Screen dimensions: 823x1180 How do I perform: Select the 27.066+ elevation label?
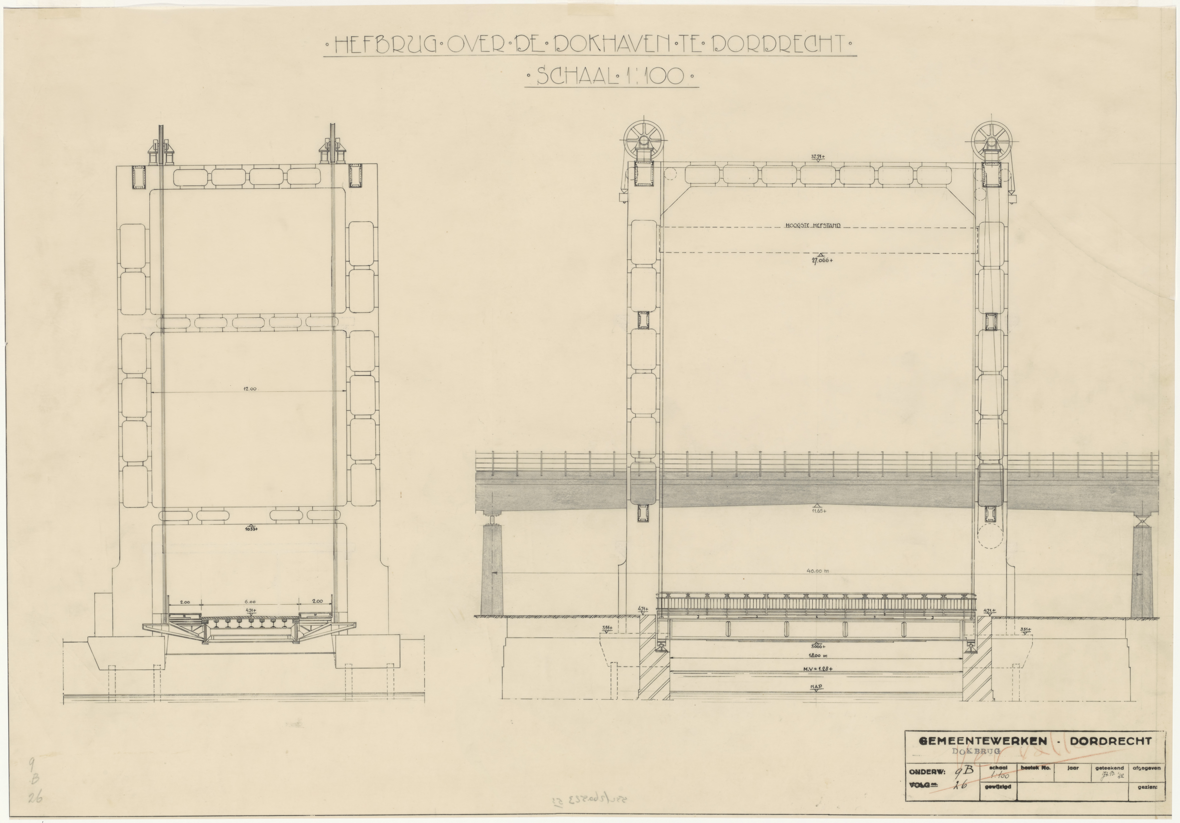click(x=821, y=260)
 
